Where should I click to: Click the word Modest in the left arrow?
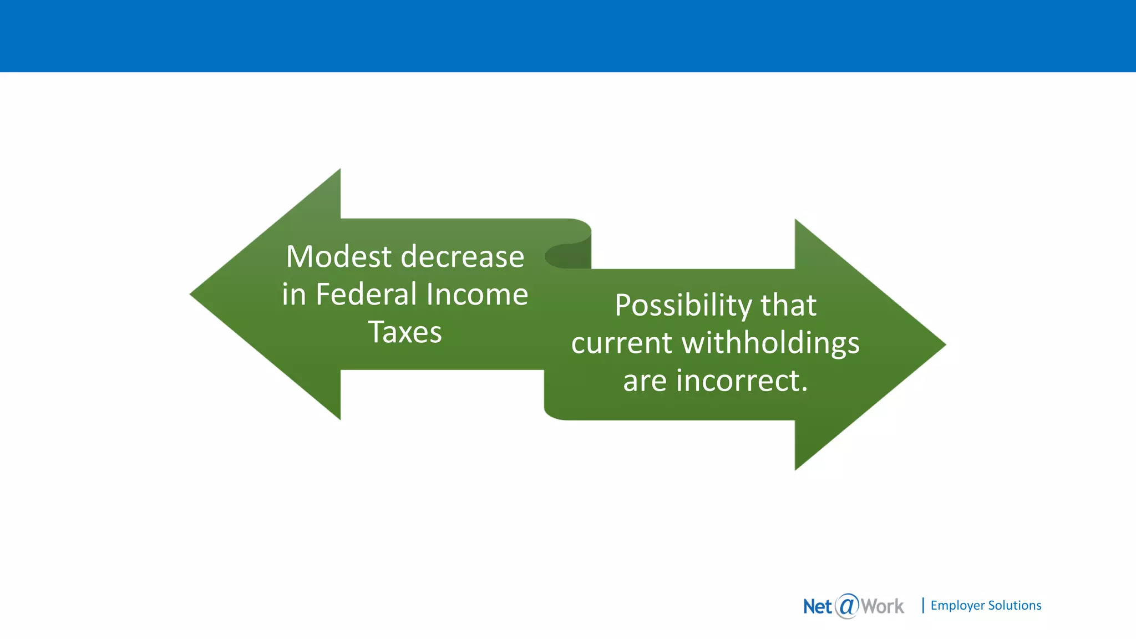339,257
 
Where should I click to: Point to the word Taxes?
405,332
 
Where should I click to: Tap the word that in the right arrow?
788,305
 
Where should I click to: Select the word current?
622,343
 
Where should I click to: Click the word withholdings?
770,343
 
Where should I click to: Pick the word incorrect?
742,381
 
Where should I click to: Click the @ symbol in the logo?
846,606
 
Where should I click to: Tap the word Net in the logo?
818,606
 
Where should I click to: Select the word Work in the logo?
882,606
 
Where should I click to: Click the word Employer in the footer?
957,605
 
